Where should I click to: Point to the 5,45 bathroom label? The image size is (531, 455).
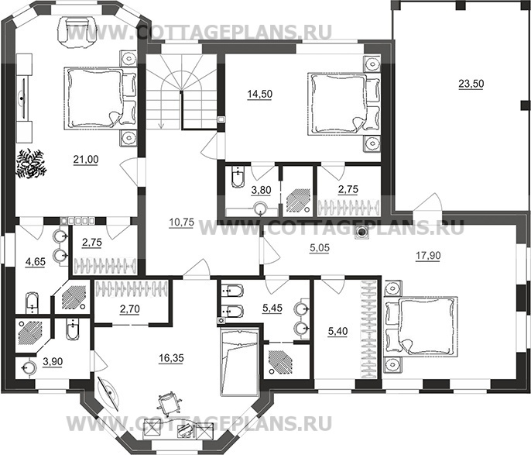tap(272, 309)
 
